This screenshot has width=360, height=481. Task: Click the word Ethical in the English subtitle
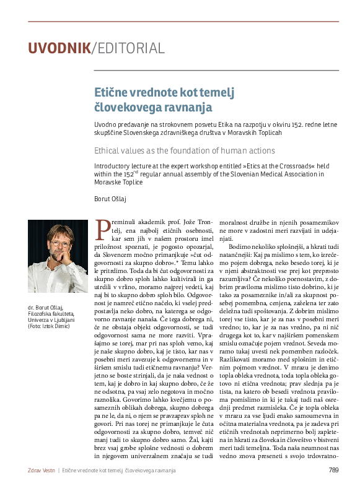click(x=108, y=150)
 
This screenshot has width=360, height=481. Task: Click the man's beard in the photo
click(x=58, y=262)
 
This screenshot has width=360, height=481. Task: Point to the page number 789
click(x=333, y=470)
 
